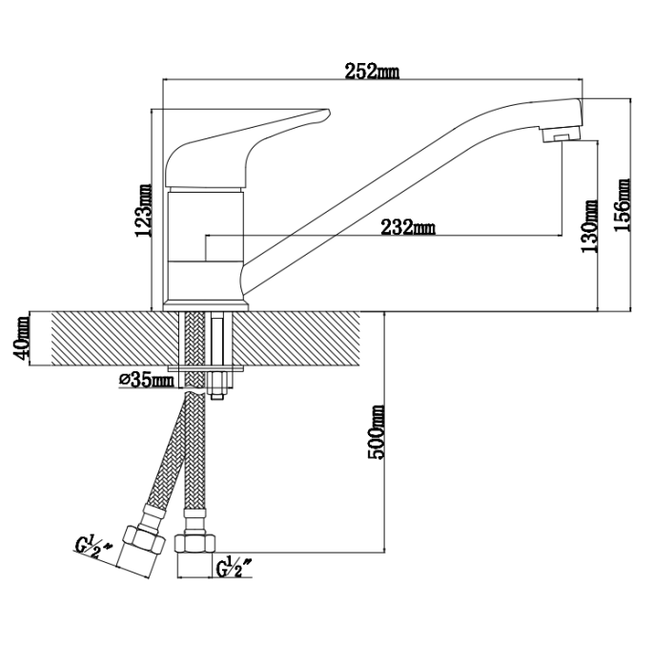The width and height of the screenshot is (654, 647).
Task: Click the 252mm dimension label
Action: click(x=372, y=72)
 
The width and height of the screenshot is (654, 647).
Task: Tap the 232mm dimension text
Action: click(x=408, y=227)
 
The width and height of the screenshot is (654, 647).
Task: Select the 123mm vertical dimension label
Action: click(x=144, y=210)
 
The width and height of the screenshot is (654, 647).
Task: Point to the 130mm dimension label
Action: click(x=590, y=227)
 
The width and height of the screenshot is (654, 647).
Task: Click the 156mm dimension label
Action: click(x=622, y=205)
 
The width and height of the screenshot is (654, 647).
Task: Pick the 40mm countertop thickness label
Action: click(x=22, y=339)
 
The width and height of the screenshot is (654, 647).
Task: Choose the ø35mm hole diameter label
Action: click(x=147, y=380)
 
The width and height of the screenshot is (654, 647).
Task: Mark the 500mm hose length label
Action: click(x=377, y=432)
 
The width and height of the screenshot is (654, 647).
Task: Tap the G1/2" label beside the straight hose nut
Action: click(x=235, y=567)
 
